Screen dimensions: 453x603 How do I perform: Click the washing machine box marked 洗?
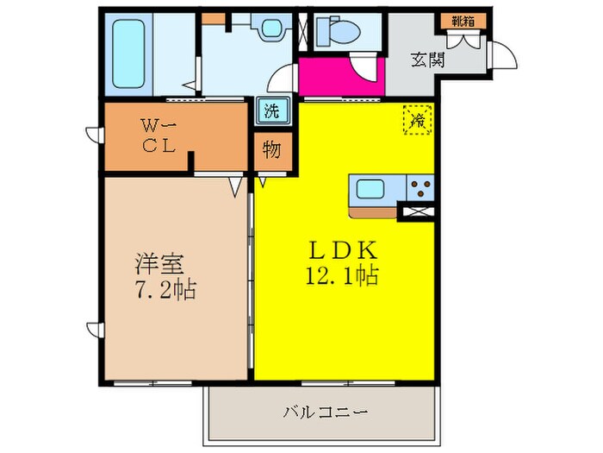[x=272, y=111]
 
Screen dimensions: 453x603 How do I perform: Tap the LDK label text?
[x=343, y=249]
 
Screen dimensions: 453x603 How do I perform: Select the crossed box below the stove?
[x=418, y=211]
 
